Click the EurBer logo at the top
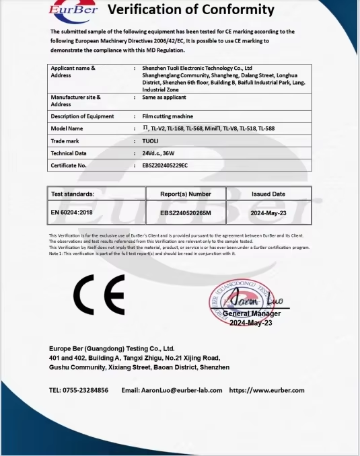[73, 10]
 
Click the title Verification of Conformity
[191, 10]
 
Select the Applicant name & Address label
[73, 72]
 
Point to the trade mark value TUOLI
[151, 141]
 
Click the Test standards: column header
[73, 194]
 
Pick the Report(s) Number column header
[186, 194]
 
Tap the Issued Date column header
[268, 194]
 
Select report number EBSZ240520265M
[186, 213]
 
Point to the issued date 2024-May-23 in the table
[268, 213]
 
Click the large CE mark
[99, 295]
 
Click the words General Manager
[252, 313]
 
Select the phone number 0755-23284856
[87, 390]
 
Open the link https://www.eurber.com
[266, 390]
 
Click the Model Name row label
[67, 128]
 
